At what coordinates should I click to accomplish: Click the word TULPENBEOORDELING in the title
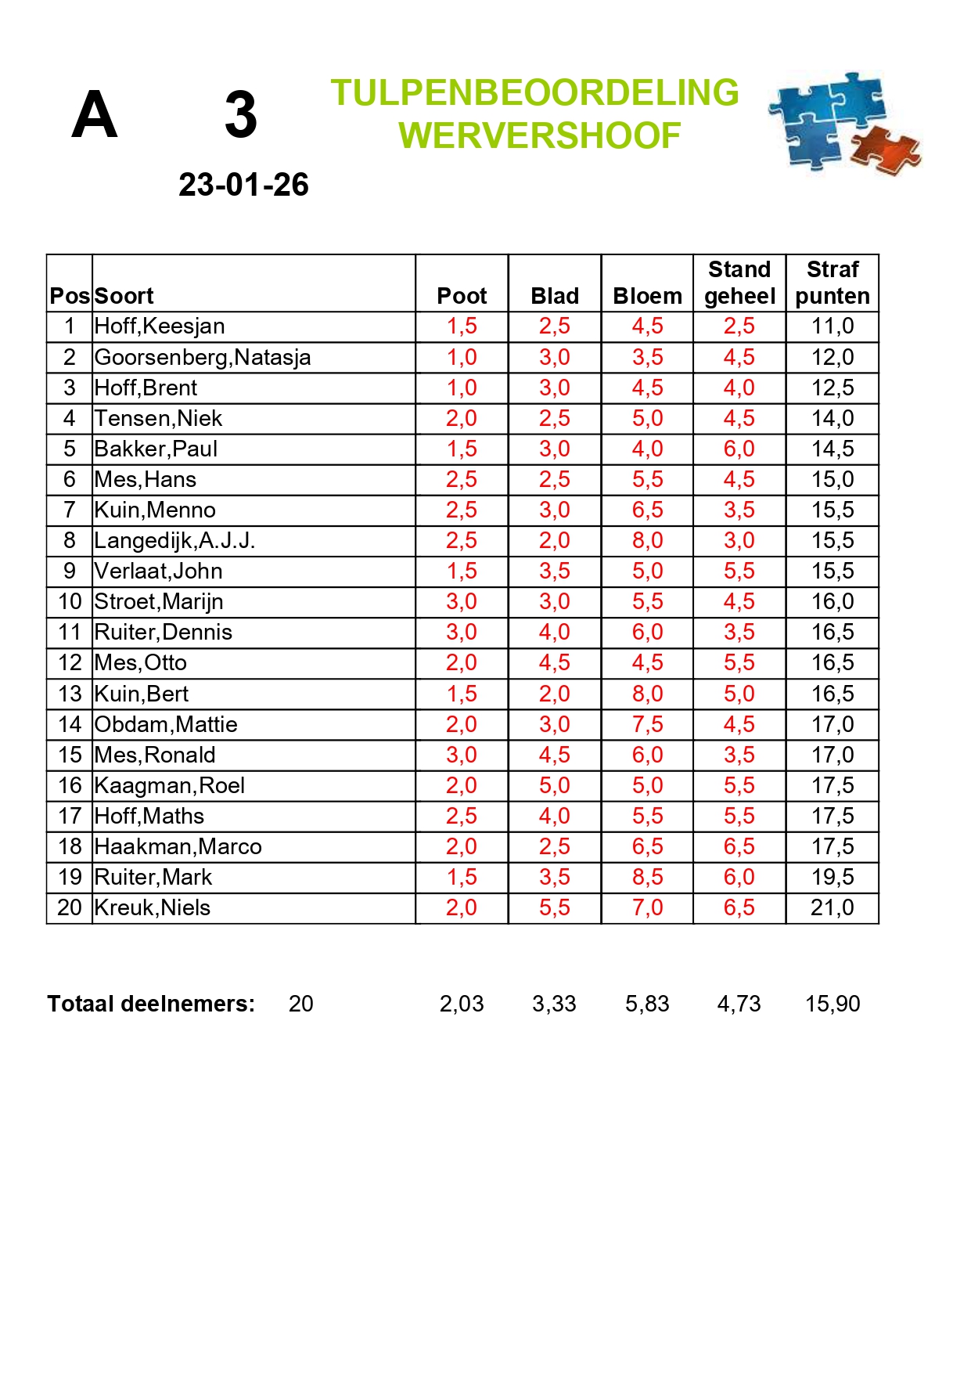(534, 93)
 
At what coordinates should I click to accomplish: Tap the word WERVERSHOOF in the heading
(539, 136)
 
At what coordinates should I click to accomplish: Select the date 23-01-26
(243, 186)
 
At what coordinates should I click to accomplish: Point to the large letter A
(95, 115)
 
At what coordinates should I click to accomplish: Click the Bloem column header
(647, 296)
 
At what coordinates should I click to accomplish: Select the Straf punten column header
(833, 283)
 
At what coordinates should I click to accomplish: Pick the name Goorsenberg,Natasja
(203, 357)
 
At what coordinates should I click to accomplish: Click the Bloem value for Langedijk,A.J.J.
(647, 540)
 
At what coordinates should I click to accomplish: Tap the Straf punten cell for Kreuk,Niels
(833, 907)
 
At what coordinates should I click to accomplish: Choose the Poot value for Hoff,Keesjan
(462, 326)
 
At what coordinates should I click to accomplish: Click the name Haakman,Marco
(178, 846)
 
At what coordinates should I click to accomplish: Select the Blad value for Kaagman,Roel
(554, 785)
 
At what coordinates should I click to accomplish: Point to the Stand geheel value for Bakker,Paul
(739, 449)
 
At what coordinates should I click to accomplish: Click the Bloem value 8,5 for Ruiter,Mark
(647, 877)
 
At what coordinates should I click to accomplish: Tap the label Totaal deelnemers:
(151, 1004)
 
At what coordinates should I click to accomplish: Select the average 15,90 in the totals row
(833, 1004)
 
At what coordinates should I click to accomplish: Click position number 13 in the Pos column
(70, 694)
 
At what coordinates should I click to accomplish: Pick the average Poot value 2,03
(462, 1004)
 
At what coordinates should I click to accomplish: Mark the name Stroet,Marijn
(159, 601)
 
